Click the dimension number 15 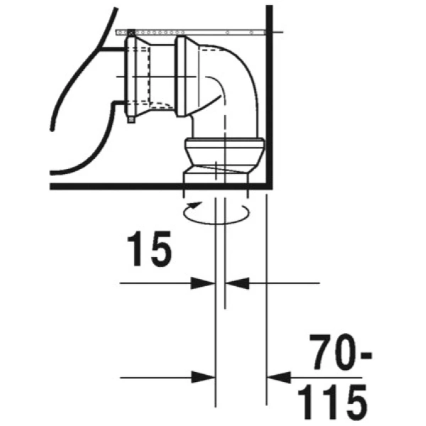tap(149, 249)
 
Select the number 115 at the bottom tap(332, 403)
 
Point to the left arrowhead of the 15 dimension tap(202, 283)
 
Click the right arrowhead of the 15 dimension tap(237, 283)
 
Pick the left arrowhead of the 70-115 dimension tap(203, 378)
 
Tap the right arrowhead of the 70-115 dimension tap(279, 378)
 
